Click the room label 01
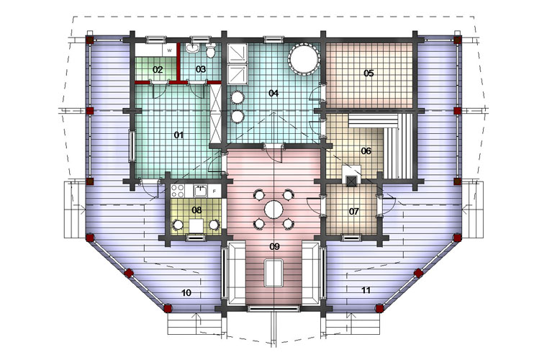pos(178,135)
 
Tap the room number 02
pos(158,69)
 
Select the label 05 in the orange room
pos(369,73)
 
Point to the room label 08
pos(196,210)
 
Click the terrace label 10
pos(186,292)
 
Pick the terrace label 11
pos(366,290)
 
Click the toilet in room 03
pos(210,51)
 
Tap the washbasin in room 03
pos(192,48)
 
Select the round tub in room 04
pos(304,59)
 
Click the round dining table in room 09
pos(273,210)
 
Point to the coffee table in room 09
pos(273,272)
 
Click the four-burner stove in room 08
pos(178,191)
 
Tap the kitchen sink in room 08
pos(200,191)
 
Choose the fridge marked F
pos(214,191)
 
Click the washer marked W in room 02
pos(170,50)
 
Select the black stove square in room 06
pos(351,180)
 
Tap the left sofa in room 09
pos(236,274)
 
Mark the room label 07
pos(353,212)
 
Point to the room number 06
pos(366,151)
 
